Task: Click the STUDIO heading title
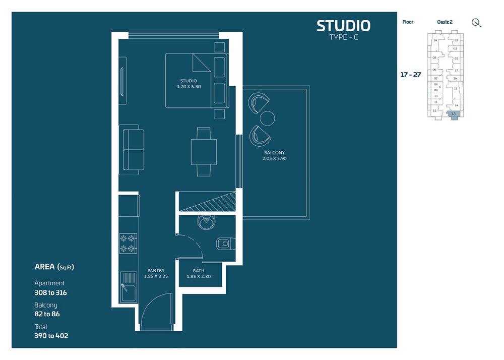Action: [x=343, y=26]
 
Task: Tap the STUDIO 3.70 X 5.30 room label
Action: [x=188, y=84]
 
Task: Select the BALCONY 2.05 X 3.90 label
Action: [x=274, y=155]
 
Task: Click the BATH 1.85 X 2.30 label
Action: [x=198, y=273]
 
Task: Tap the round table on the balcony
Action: [x=267, y=118]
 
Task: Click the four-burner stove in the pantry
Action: [x=128, y=243]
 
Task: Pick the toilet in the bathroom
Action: [x=223, y=244]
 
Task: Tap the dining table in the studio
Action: [x=204, y=151]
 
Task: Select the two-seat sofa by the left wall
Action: [x=131, y=151]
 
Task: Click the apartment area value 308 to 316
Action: [x=50, y=292]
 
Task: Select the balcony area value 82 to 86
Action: [x=47, y=314]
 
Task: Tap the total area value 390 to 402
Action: [x=51, y=335]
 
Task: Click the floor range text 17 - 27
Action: [x=411, y=75]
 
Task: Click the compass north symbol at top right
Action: [x=475, y=22]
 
